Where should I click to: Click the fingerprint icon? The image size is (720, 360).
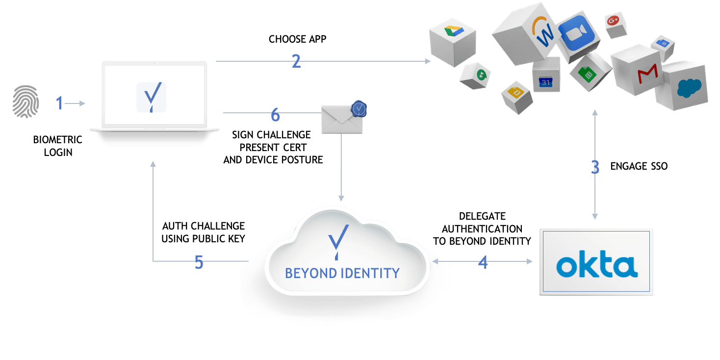point(26,102)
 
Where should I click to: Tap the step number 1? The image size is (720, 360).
point(60,103)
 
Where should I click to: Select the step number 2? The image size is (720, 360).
point(296,61)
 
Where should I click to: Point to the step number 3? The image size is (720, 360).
point(595,167)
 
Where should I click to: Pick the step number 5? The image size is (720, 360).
point(199,262)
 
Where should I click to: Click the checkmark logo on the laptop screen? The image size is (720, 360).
point(151,97)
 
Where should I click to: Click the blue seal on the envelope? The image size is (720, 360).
point(360,109)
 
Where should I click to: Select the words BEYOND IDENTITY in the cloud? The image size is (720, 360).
point(342,273)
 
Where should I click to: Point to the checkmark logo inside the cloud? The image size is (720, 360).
point(338,240)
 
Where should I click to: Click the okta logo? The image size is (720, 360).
point(596,267)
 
